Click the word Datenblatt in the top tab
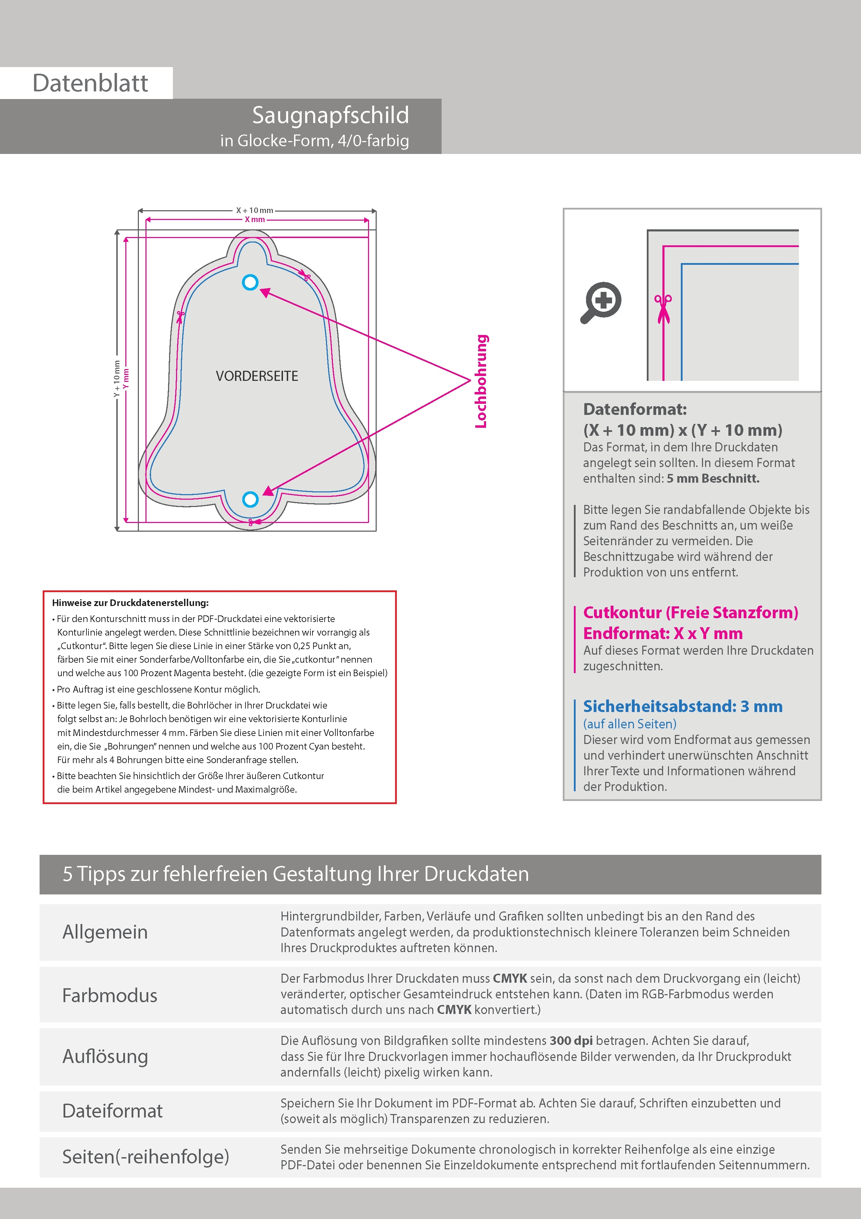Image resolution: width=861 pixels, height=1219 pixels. click(x=90, y=83)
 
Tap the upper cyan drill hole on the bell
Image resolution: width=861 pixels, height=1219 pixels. click(x=250, y=283)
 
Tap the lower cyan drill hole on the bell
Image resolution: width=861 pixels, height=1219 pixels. click(x=250, y=499)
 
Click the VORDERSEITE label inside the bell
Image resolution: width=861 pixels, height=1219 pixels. click(x=257, y=376)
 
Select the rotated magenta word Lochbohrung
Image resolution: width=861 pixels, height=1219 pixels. click(x=480, y=381)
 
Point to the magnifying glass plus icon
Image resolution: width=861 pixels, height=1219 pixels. click(x=601, y=302)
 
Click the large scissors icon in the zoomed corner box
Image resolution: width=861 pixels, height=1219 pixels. click(x=663, y=308)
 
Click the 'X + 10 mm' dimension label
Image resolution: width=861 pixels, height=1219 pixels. click(x=254, y=210)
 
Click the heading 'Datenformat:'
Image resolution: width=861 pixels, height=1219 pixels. click(x=635, y=409)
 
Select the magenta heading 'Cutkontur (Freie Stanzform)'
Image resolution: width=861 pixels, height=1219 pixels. click(x=690, y=612)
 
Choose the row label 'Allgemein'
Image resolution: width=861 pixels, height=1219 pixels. click(x=105, y=932)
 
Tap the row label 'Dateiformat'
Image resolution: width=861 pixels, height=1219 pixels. click(x=112, y=1111)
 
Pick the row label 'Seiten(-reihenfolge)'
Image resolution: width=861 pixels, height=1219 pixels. click(x=145, y=1156)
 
